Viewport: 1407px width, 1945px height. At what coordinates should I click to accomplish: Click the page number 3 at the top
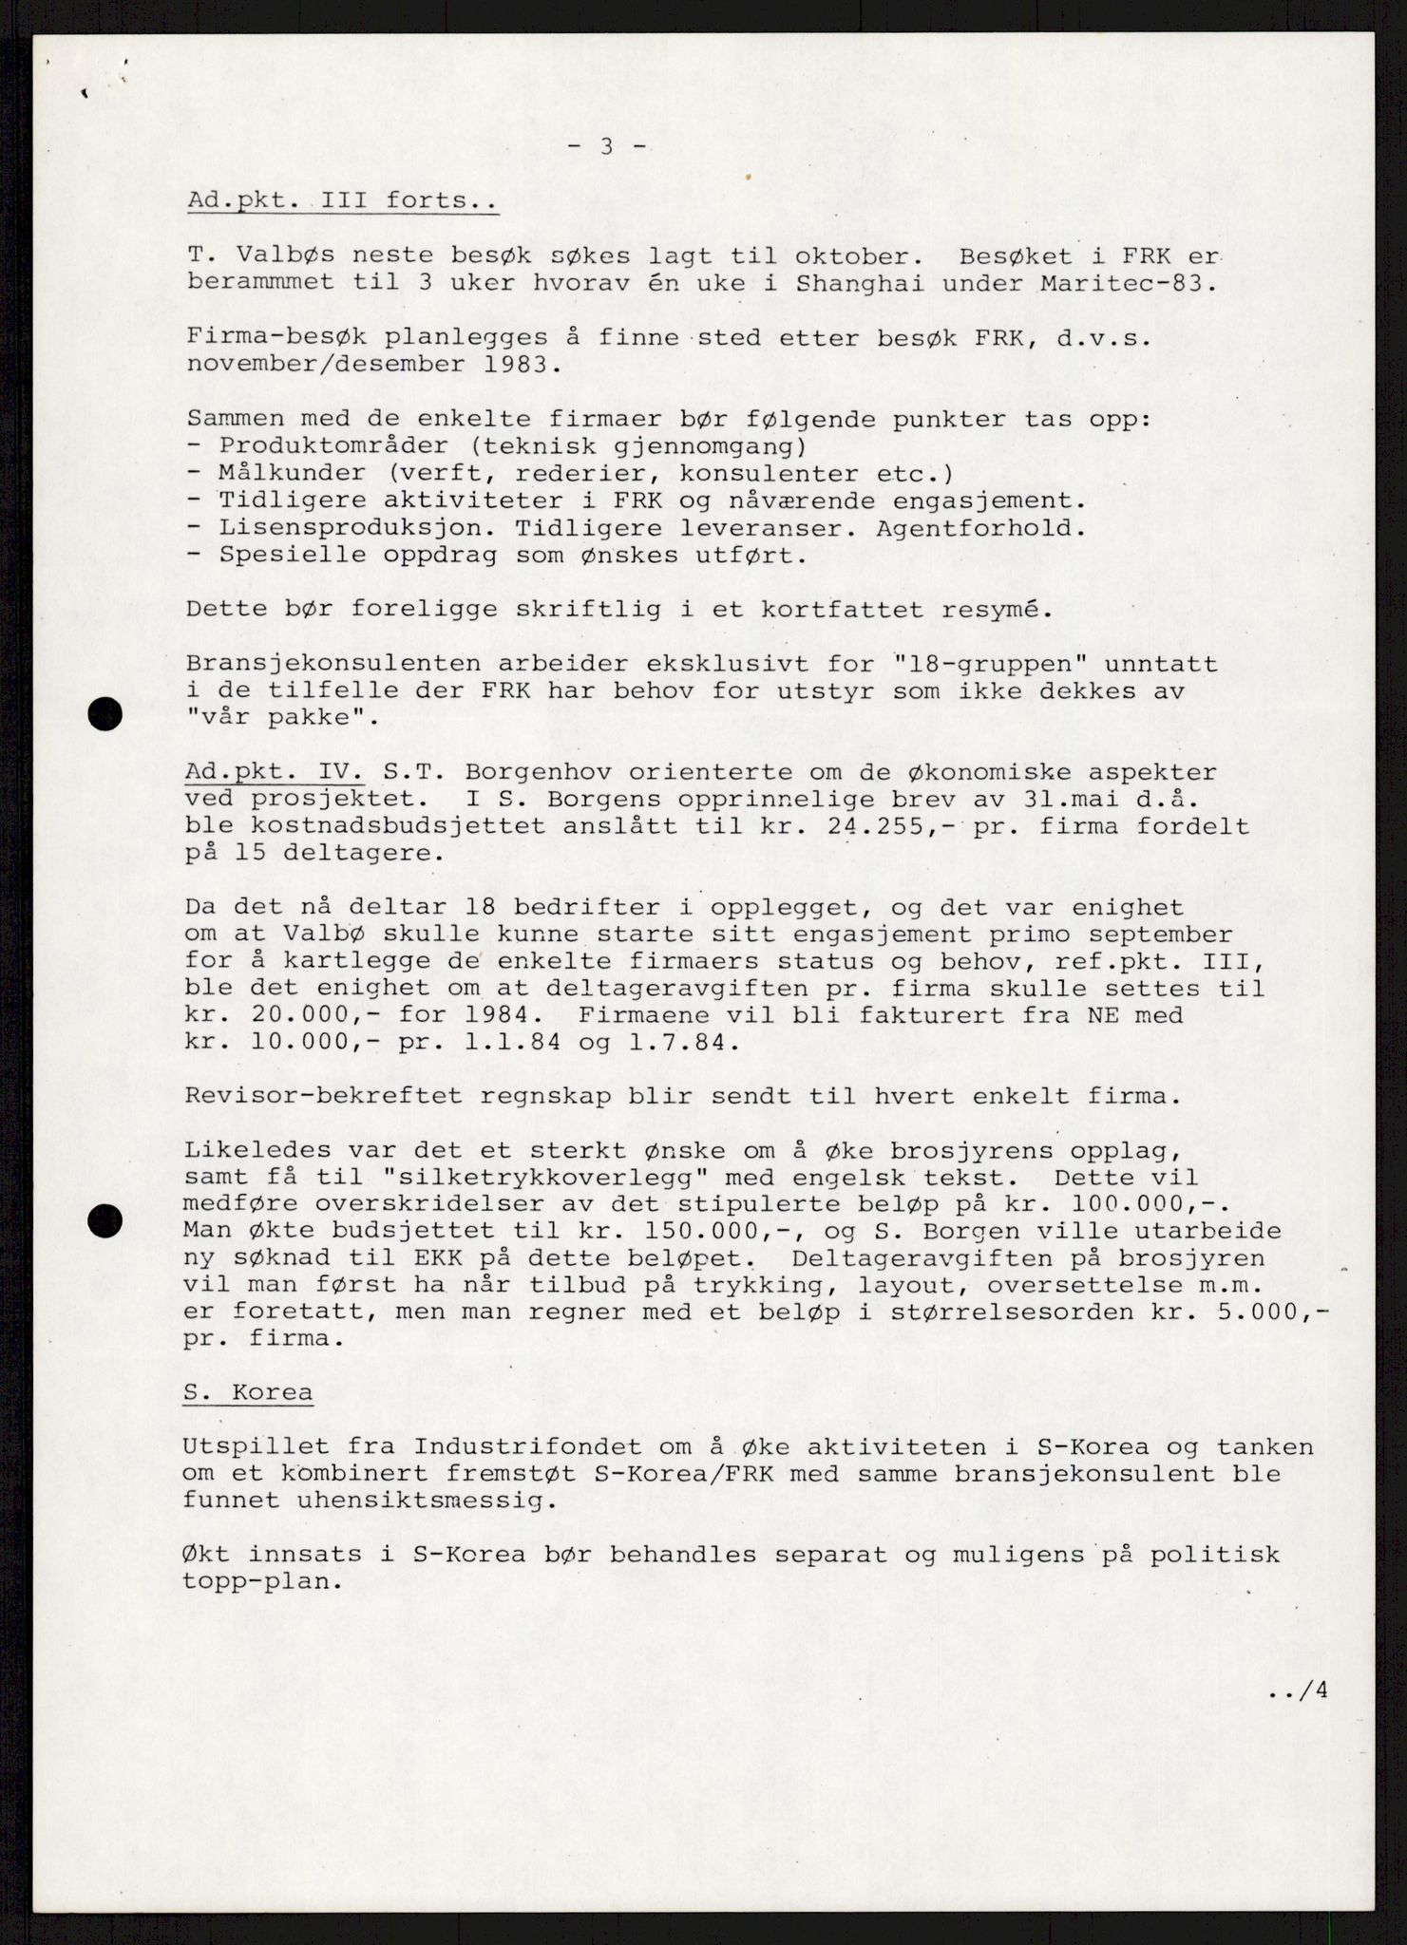[606, 147]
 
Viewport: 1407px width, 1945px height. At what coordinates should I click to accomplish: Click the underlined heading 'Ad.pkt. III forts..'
[342, 201]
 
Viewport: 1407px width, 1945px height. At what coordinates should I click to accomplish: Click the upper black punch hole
[105, 713]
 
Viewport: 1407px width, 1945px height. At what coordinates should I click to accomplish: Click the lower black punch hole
[105, 1220]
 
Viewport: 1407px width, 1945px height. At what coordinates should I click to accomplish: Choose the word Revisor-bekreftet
[324, 1096]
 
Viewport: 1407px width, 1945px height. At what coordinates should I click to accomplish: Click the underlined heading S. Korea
[249, 1393]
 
